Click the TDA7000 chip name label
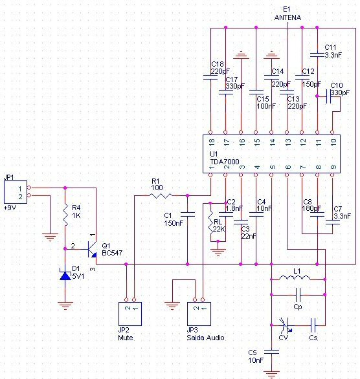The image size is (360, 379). coord(225,162)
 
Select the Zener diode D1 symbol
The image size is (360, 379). coord(65,276)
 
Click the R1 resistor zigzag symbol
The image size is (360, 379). coord(161,195)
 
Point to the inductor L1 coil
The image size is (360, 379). coord(294,278)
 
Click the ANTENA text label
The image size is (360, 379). coord(287,17)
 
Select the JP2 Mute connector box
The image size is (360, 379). coord(130,314)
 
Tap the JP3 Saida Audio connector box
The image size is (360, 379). coord(199,314)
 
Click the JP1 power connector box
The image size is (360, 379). coord(16,192)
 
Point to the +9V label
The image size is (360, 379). coord(10,208)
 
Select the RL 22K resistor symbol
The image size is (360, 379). coord(210,222)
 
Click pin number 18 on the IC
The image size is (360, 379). coord(212,142)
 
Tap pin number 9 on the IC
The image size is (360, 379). coord(333,167)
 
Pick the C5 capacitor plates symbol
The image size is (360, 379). coord(271,351)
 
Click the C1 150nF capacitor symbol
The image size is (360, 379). coord(188,214)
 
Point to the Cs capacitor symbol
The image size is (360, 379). coord(313,325)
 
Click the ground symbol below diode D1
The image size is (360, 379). coord(65,306)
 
